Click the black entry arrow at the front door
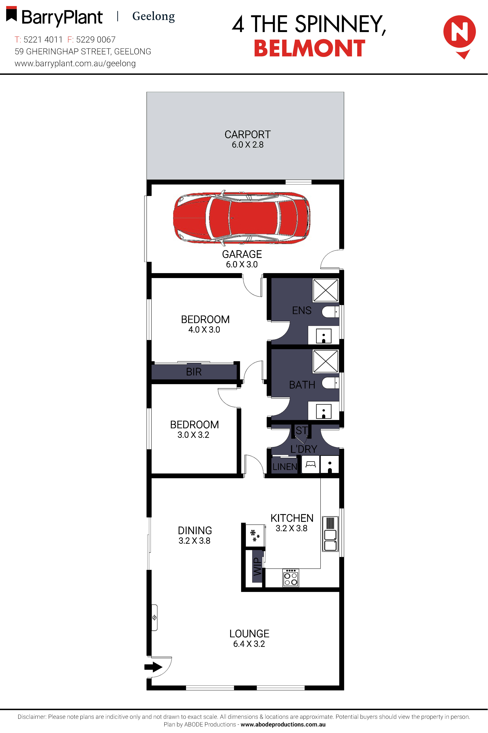pos(153,667)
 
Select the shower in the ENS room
pos(326,290)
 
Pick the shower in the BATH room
pos(326,361)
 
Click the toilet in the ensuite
pos(330,312)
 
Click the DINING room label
pos(195,530)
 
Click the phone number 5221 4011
pos(43,40)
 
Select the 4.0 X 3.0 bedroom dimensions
pos(204,329)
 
